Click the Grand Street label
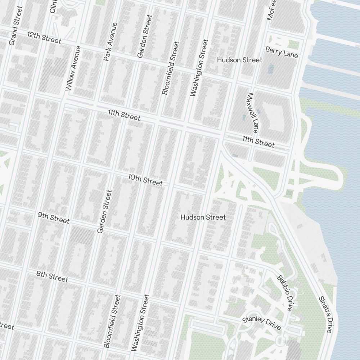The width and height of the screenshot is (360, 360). tap(13, 31)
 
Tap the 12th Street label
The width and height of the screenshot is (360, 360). tap(44, 37)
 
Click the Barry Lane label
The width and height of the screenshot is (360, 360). tap(282, 52)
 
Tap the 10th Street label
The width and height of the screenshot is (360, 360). tap(145, 180)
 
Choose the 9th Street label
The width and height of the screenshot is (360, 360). tap(54, 218)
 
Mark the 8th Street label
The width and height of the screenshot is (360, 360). tap(52, 276)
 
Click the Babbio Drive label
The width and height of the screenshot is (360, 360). tap(284, 293)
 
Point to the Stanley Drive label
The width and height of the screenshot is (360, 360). tap(262, 323)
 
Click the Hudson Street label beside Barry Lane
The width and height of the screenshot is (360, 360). tap(239, 60)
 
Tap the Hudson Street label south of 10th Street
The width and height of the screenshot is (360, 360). tap(203, 217)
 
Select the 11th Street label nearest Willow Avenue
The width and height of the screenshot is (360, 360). tap(124, 115)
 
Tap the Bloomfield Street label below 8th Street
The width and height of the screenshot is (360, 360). tap(112, 321)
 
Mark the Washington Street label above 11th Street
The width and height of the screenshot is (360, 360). tap(199, 68)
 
